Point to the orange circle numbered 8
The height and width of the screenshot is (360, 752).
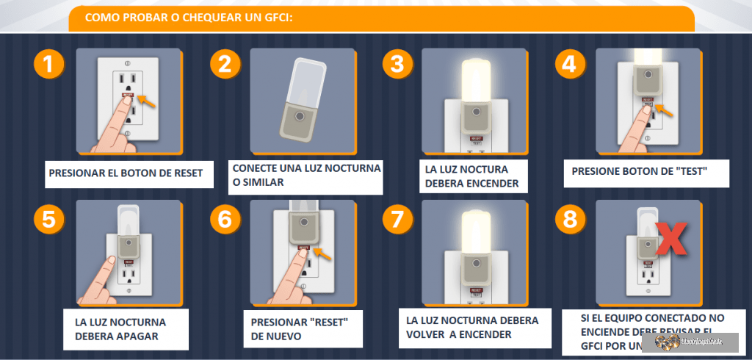click(568, 218)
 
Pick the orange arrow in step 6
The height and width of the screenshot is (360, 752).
click(321, 256)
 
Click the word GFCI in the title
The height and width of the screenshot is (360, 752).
click(271, 17)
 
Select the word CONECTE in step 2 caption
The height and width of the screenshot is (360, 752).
click(254, 168)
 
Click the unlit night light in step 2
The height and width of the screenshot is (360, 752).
click(297, 98)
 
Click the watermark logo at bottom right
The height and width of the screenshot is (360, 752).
click(690, 342)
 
